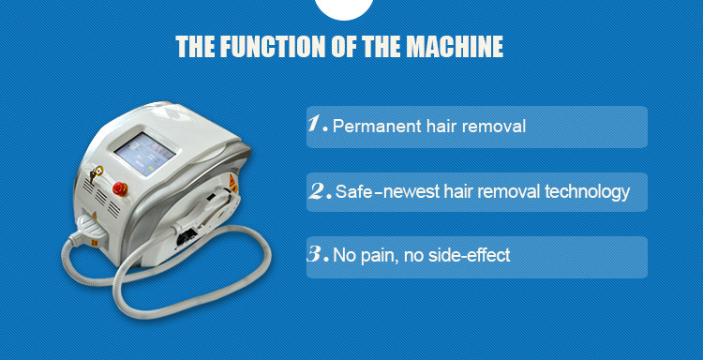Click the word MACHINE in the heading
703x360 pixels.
pyautogui.click(x=455, y=47)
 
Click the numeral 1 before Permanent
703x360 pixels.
pyautogui.click(x=316, y=124)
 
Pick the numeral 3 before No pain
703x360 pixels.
pyautogui.click(x=316, y=254)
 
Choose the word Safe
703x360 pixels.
pyautogui.click(x=353, y=192)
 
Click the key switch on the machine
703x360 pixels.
pyautogui.click(x=96, y=173)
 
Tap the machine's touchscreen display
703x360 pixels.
pyautogui.click(x=144, y=154)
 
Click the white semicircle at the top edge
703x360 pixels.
pyautogui.click(x=344, y=9)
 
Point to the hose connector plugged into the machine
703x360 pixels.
pyautogui.click(x=90, y=231)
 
